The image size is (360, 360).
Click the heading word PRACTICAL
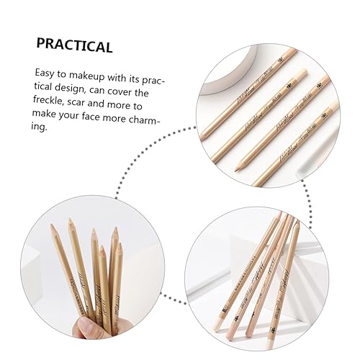pos(74,47)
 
